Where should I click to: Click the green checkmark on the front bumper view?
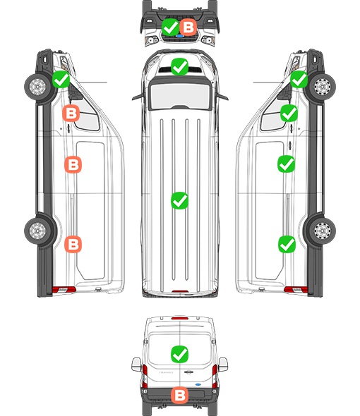click(171, 27)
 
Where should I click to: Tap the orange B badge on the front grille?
click(188, 27)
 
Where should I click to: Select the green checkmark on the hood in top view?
click(179, 66)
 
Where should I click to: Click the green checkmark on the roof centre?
click(179, 200)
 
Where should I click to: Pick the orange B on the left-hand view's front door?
click(71, 114)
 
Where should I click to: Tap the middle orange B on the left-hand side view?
click(73, 165)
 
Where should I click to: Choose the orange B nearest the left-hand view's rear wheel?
click(73, 244)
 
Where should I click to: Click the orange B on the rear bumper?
click(179, 396)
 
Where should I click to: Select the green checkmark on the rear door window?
click(179, 354)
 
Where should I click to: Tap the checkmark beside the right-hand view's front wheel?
click(299, 80)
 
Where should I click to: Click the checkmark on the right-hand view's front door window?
click(289, 114)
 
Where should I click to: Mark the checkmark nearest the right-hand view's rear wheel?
click(287, 244)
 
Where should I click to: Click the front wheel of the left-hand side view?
click(38, 86)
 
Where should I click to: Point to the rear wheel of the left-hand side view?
click(38, 231)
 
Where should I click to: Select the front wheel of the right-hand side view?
click(322, 86)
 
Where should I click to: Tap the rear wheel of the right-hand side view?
click(322, 231)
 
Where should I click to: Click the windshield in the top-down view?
click(180, 96)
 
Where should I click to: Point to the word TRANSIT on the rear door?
click(166, 372)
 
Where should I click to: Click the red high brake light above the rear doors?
click(180, 318)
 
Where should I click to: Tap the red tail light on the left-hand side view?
click(64, 290)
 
